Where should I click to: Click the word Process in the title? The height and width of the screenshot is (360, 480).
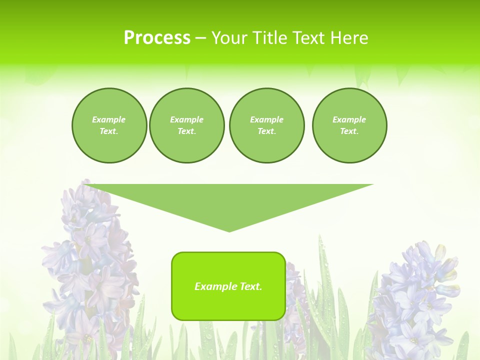(157, 38)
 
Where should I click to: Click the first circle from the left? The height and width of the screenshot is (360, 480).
(109, 125)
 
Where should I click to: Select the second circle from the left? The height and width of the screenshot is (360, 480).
(186, 125)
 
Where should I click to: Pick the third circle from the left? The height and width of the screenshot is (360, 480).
(266, 125)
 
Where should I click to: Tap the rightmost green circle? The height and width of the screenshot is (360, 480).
(349, 125)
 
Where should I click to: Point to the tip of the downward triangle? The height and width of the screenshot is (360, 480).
(229, 231)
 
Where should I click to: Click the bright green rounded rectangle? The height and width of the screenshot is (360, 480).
(228, 305)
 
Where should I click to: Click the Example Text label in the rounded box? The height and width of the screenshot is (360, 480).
(228, 286)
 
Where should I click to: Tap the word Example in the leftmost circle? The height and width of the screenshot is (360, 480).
(109, 119)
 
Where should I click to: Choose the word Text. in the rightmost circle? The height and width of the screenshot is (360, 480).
(349, 131)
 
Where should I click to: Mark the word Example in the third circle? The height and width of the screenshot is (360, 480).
(266, 119)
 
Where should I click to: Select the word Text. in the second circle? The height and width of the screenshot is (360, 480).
(186, 131)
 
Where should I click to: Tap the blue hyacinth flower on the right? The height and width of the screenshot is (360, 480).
(417, 295)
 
